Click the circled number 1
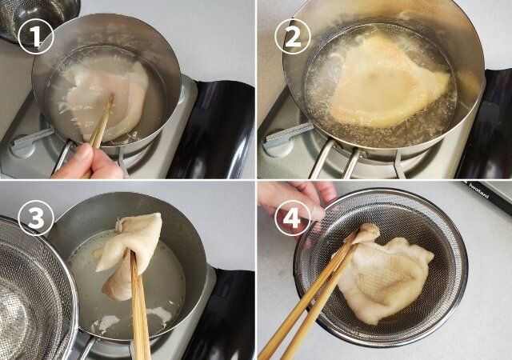click(35, 36)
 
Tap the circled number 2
click(293, 36)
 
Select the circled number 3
click(35, 217)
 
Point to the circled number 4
click(293, 217)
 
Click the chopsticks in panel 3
click(140, 312)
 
